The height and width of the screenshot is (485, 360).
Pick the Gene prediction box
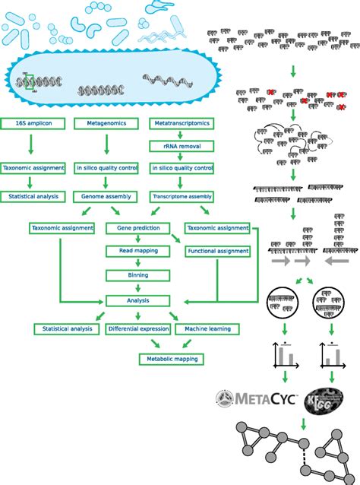137,227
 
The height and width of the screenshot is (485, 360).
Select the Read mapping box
137,250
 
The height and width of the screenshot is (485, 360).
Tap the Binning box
137,274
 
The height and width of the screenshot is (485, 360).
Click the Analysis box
137,300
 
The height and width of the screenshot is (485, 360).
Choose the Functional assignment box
218,250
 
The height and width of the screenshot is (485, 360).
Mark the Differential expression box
137,328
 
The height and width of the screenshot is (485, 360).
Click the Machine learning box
207,328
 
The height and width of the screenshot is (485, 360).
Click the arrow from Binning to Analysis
137,287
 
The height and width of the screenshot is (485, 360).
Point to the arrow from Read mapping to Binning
137,262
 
